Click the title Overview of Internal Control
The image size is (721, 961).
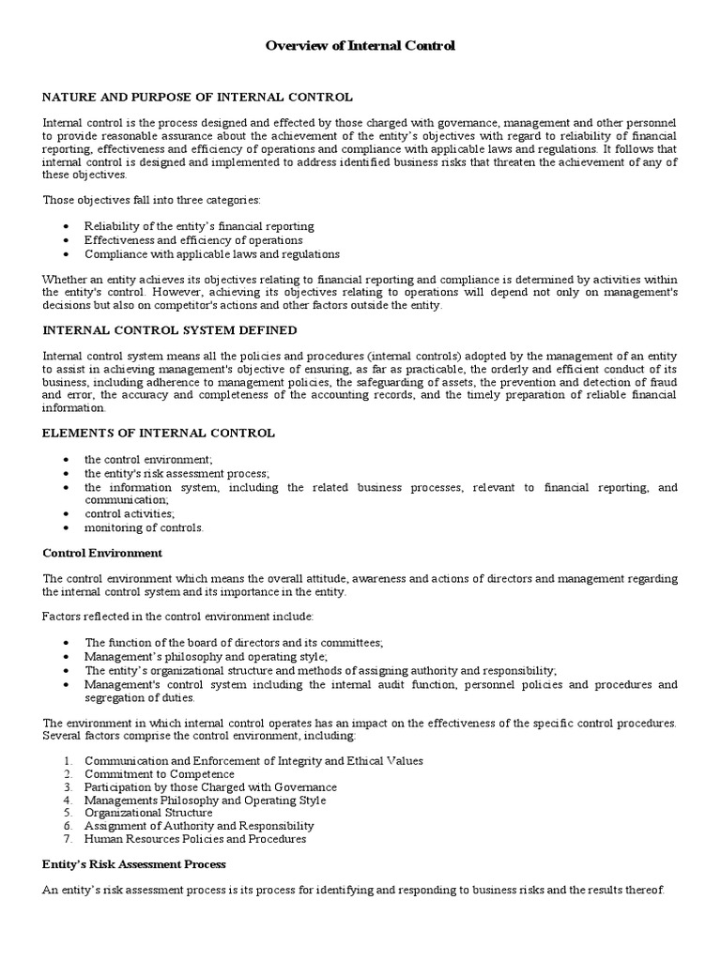[360, 45]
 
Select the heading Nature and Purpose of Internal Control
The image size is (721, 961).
[197, 97]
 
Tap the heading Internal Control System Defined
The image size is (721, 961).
[170, 329]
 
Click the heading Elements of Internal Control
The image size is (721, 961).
[159, 433]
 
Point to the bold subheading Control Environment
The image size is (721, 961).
[102, 553]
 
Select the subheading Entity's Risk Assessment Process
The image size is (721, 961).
[134, 862]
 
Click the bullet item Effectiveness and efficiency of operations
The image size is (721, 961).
[193, 240]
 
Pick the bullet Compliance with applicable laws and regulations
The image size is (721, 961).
[212, 253]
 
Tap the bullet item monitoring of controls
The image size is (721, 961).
[144, 527]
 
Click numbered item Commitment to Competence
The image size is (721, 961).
[160, 773]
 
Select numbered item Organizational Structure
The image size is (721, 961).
[143, 813]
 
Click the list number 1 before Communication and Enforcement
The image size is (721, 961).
[68, 760]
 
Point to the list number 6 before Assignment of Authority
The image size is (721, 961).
[68, 826]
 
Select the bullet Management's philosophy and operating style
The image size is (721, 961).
[206, 657]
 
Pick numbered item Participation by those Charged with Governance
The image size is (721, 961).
[210, 786]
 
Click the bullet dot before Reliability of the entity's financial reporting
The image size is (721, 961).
[65, 227]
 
